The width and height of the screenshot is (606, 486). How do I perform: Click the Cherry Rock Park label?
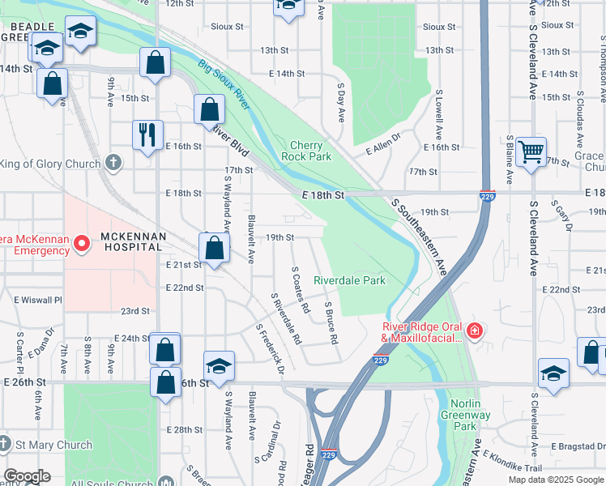[306, 151]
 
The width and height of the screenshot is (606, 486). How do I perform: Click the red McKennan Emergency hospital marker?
[81, 243]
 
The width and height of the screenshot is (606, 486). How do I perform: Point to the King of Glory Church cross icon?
[114, 164]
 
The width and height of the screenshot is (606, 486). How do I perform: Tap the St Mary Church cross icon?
[5, 444]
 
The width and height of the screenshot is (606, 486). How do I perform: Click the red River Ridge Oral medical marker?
[474, 330]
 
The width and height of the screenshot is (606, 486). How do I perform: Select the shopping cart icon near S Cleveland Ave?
[531, 151]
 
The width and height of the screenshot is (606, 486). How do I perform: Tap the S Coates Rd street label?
[301, 290]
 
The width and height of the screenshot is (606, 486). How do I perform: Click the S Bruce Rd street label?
[331, 322]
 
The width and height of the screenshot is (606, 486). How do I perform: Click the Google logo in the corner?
[26, 476]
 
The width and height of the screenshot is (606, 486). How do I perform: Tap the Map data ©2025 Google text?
[556, 480]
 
